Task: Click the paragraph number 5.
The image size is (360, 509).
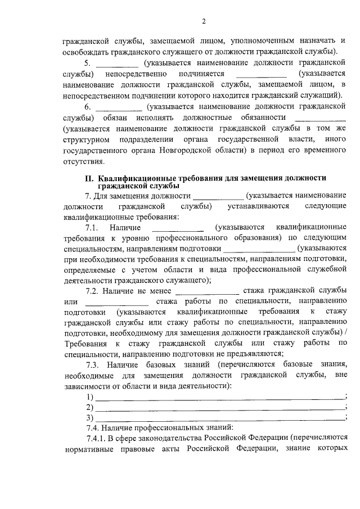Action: pos(87,62)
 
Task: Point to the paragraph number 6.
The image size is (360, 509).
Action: pos(87,106)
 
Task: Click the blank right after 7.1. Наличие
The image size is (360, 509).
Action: pos(178,227)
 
